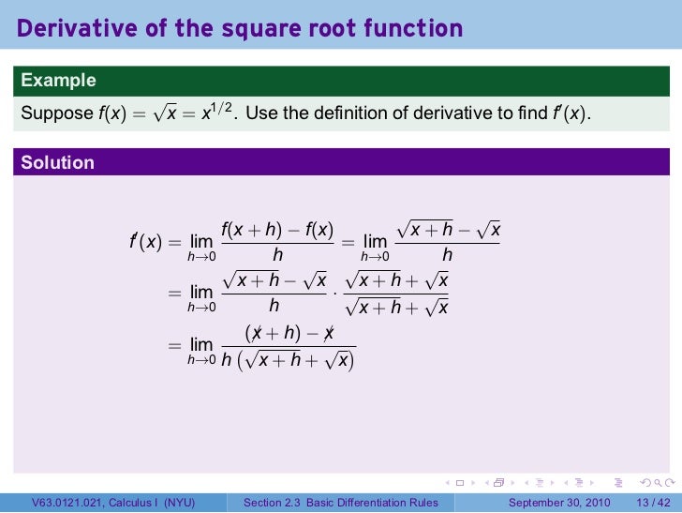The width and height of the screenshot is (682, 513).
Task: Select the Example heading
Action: pyautogui.click(x=58, y=81)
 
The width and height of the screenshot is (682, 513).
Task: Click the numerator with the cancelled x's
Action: pyautogui.click(x=289, y=333)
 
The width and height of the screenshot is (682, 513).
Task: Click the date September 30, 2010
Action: pyautogui.click(x=560, y=504)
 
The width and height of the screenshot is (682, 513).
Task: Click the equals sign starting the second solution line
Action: pyautogui.click(x=174, y=294)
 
